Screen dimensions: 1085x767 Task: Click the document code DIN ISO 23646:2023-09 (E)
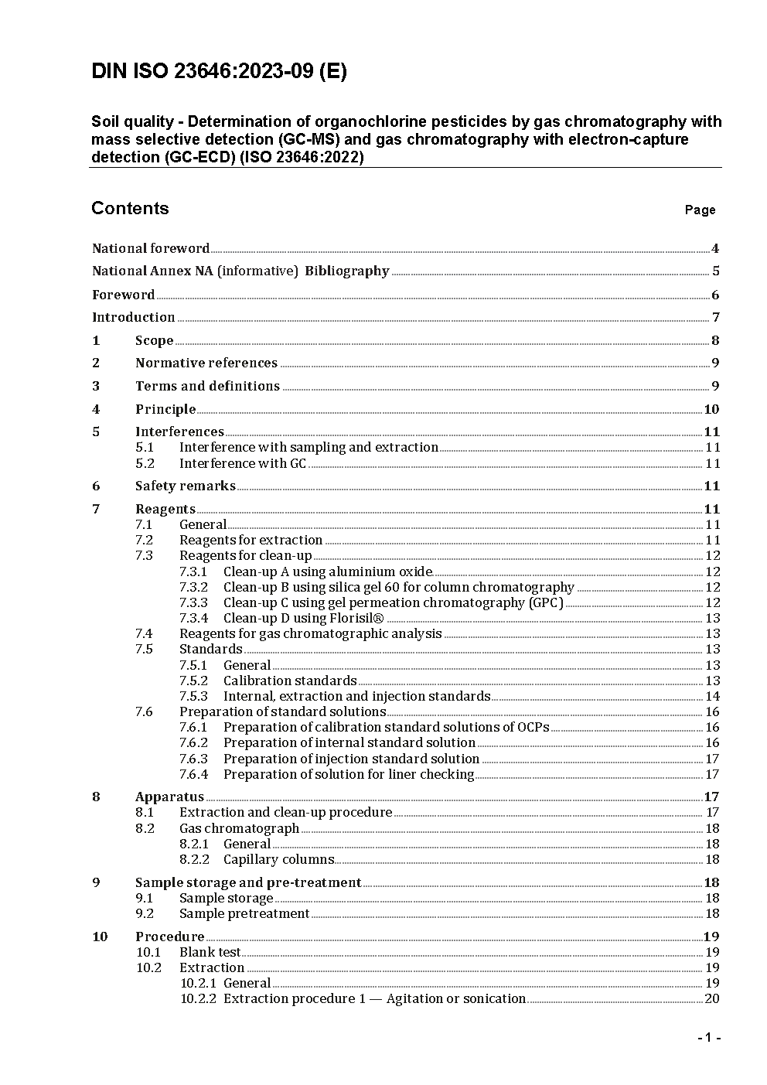(x=219, y=72)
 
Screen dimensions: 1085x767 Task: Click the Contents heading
(x=130, y=208)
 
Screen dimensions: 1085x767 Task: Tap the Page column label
(x=700, y=210)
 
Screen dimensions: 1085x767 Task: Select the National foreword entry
(x=151, y=248)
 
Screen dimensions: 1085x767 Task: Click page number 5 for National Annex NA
(x=716, y=271)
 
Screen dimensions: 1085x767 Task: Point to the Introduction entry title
(x=134, y=317)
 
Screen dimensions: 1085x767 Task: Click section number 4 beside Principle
(x=96, y=409)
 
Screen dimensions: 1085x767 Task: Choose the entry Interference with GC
(x=243, y=463)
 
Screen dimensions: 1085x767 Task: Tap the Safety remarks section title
(x=186, y=486)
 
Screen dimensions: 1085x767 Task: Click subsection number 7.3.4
(x=193, y=618)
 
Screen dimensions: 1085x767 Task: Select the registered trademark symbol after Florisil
(x=378, y=618)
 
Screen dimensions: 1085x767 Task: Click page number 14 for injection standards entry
(x=712, y=696)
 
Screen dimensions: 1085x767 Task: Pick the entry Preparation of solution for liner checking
(x=349, y=774)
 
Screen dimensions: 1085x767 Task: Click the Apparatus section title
(x=169, y=797)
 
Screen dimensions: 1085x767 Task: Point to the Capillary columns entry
(x=278, y=859)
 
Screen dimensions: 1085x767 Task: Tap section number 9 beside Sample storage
(x=96, y=882)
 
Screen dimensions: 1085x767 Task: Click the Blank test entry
(x=210, y=952)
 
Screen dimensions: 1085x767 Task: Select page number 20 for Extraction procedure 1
(x=712, y=998)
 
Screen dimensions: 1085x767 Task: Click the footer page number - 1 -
(x=708, y=1038)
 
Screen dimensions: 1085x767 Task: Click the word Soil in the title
(x=106, y=121)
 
